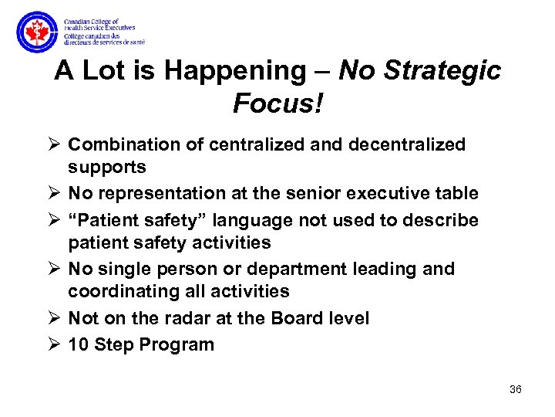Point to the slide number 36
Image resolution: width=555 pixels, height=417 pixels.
pos(516,389)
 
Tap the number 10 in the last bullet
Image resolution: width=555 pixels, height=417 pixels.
pos(78,344)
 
